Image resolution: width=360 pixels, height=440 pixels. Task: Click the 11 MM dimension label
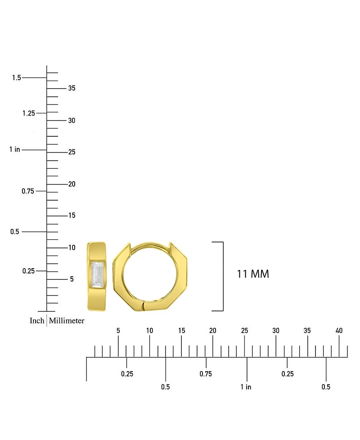tap(253, 274)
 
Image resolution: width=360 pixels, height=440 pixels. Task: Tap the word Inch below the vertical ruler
tap(37, 320)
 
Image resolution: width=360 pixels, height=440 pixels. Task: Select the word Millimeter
tap(67, 320)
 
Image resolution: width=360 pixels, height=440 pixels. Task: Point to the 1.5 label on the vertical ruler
tap(17, 77)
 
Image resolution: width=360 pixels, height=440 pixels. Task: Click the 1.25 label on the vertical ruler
tap(29, 113)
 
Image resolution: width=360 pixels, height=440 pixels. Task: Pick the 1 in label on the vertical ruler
tap(14, 149)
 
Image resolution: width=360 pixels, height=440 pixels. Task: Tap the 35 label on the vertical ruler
tap(72, 88)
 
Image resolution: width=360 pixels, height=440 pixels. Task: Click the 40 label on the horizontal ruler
tap(339, 331)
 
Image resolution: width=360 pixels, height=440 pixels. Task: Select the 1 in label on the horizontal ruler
tap(246, 387)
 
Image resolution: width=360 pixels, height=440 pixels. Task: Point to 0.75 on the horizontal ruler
tap(206, 374)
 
